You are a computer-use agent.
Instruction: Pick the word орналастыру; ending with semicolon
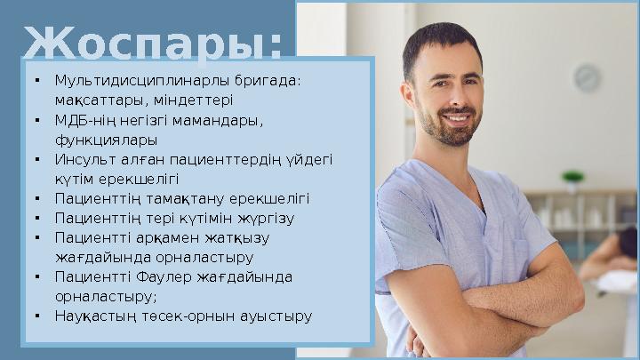point(106,296)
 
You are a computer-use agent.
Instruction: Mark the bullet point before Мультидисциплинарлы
point(36,80)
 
